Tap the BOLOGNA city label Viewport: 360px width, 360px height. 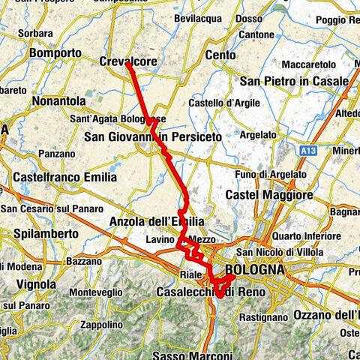point(252,269)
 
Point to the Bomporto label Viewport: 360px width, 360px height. point(54,54)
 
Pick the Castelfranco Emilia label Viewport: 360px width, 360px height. point(65,178)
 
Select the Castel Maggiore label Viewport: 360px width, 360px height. point(269,195)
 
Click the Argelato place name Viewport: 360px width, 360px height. point(259,134)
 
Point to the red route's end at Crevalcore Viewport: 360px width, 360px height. point(128,65)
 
